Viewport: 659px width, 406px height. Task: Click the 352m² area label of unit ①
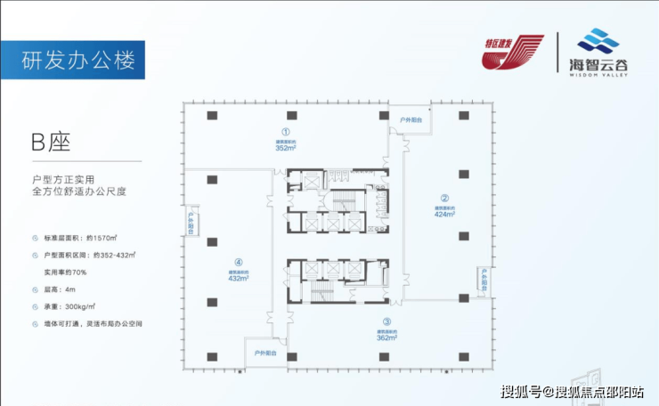(x=286, y=148)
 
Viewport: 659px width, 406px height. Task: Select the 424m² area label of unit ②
(x=444, y=214)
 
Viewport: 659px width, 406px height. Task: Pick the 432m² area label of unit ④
(x=238, y=278)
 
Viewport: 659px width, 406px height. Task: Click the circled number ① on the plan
(x=286, y=129)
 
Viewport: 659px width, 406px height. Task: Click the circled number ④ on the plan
(x=238, y=262)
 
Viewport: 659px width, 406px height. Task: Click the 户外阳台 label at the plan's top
(x=411, y=118)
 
